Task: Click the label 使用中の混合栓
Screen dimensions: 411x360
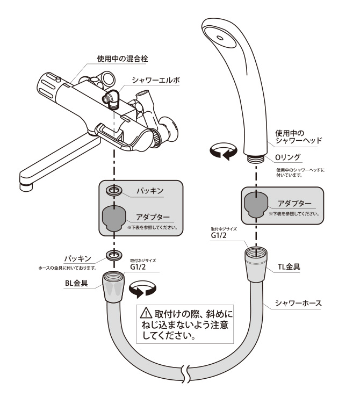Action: (x=108, y=58)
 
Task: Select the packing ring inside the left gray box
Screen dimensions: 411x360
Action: (x=113, y=191)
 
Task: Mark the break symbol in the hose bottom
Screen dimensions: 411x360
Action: (x=186, y=372)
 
